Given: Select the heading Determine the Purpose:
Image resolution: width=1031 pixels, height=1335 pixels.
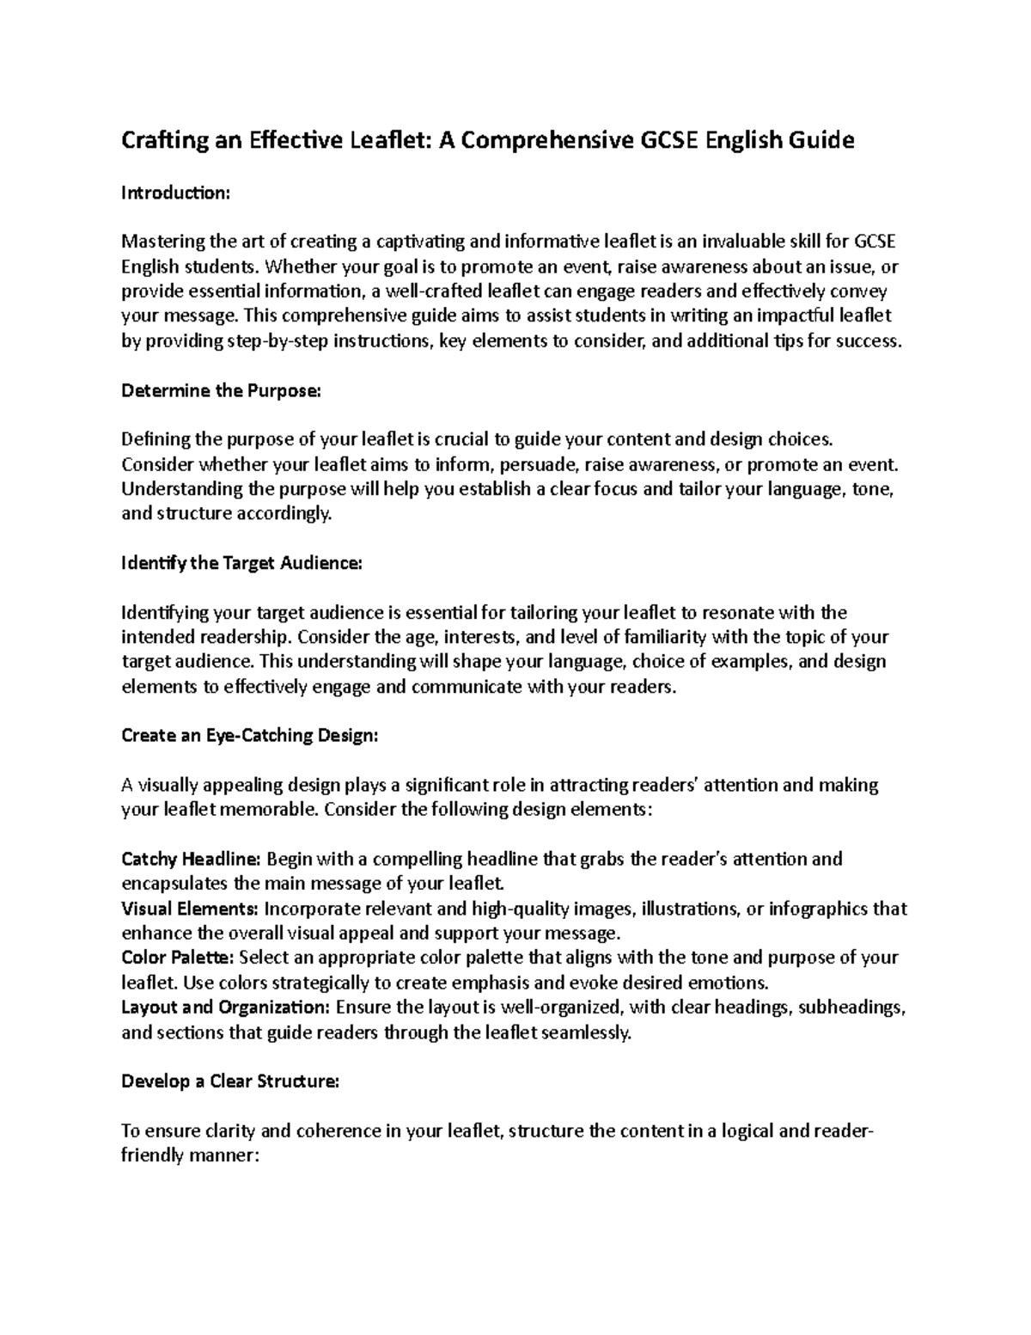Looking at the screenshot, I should coord(221,391).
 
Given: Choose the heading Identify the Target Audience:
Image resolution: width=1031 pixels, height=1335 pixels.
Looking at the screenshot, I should coord(242,564).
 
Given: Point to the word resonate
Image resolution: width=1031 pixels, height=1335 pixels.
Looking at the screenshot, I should coord(737,613).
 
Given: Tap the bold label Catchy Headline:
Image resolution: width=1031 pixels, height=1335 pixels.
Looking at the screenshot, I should coord(191,859).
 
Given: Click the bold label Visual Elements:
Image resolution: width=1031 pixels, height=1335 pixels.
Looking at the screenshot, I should coord(190,909).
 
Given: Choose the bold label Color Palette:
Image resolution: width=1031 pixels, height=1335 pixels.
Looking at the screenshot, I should coord(179,958).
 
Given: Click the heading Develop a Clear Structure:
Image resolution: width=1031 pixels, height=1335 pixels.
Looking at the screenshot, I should coord(230,1081).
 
